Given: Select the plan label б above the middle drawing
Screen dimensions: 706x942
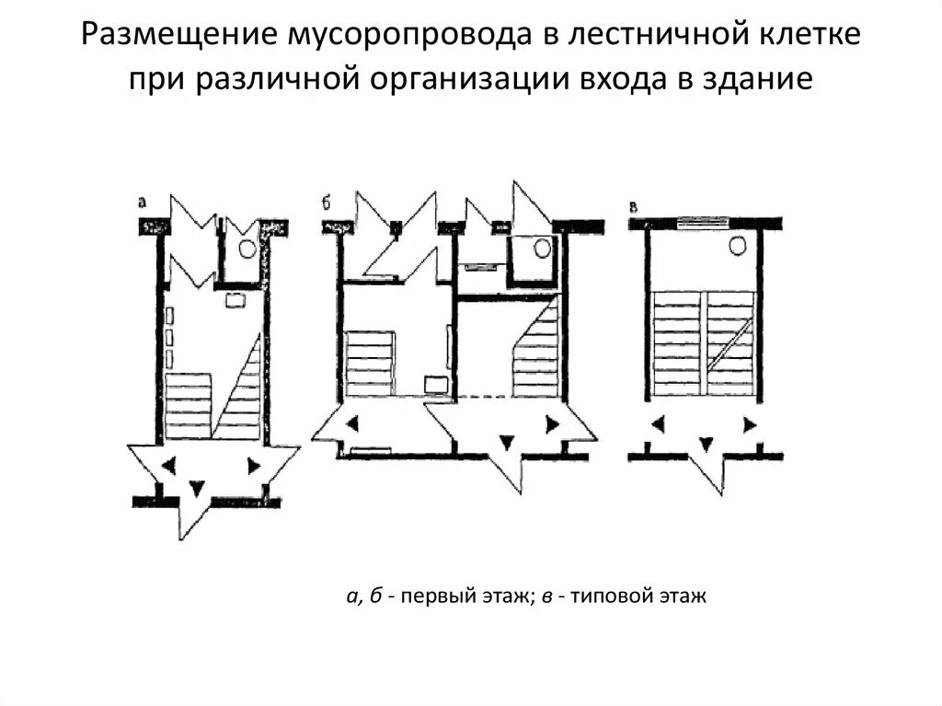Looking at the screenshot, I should [x=327, y=203].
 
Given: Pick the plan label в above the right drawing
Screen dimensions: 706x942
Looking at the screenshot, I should [x=634, y=203].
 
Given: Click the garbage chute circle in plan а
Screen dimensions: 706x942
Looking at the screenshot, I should [x=246, y=248].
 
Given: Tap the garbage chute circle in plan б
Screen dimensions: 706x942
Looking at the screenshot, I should [x=542, y=247].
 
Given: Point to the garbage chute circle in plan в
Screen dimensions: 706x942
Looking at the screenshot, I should [x=738, y=245].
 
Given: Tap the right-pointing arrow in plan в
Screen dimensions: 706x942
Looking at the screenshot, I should [x=750, y=425].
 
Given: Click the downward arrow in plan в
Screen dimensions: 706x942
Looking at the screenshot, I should [x=705, y=445].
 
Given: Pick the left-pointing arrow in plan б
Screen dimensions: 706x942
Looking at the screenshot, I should [x=353, y=424].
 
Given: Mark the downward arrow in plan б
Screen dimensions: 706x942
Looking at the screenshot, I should [x=505, y=443].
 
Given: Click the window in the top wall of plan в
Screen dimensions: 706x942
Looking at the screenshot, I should [x=702, y=222].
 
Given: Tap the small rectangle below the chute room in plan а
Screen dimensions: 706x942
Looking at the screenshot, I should [x=234, y=298].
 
